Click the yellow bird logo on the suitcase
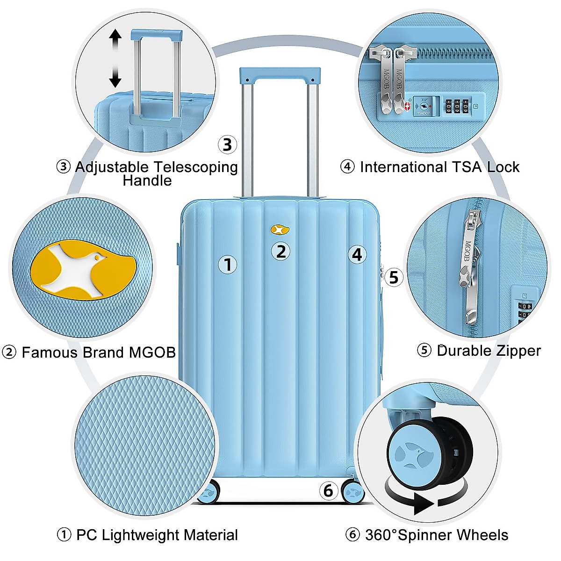(x=280, y=230)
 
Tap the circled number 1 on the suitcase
(x=228, y=265)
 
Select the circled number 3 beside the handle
(x=227, y=144)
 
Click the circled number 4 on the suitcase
(x=357, y=254)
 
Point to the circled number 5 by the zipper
(x=394, y=277)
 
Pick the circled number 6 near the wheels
(x=329, y=490)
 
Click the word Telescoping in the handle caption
(x=195, y=167)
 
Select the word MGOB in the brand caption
(x=152, y=352)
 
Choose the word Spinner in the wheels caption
(x=424, y=535)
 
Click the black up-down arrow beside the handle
(x=115, y=58)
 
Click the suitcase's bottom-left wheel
(x=209, y=492)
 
